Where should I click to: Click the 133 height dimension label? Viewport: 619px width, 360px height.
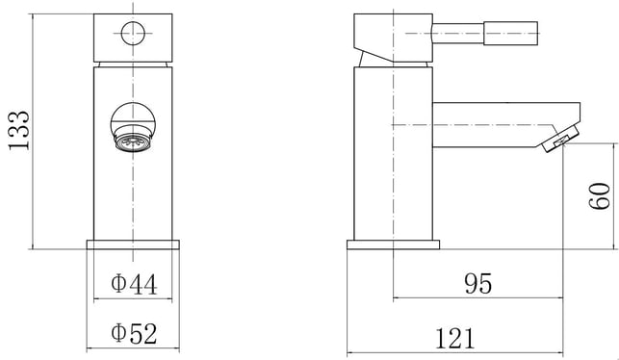click(x=19, y=130)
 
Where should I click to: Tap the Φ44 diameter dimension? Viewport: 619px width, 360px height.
click(x=134, y=284)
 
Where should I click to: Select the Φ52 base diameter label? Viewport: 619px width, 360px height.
click(x=134, y=334)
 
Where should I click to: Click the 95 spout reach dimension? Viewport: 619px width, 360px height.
click(x=478, y=283)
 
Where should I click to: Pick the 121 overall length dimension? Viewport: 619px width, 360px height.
click(x=454, y=339)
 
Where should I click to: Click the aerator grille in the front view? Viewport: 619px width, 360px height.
click(x=134, y=142)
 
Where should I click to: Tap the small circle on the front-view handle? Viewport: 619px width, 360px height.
click(x=133, y=34)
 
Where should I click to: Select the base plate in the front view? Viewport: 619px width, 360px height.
click(x=133, y=244)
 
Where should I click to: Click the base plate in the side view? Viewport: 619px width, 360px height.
click(x=393, y=244)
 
